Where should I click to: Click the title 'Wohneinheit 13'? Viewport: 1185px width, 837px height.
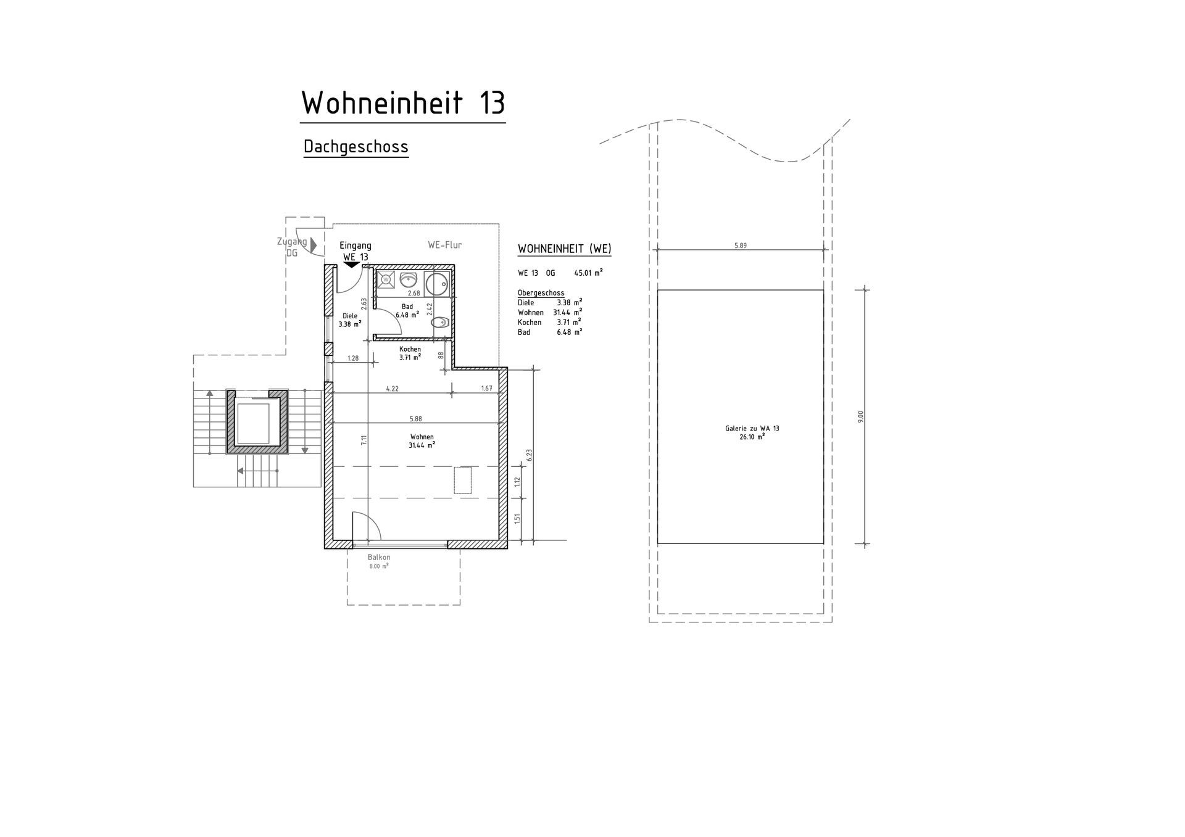tap(403, 103)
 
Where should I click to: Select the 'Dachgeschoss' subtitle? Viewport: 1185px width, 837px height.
tap(356, 147)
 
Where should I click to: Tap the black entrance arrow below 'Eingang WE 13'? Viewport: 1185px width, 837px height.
tap(351, 265)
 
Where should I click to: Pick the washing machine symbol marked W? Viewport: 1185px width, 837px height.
tap(386, 279)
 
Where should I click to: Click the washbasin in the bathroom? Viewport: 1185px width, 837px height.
tap(408, 279)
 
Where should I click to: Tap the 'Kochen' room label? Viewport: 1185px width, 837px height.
tap(410, 349)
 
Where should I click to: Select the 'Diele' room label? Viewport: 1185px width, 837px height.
tap(350, 316)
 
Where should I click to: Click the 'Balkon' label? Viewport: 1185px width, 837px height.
tap(379, 558)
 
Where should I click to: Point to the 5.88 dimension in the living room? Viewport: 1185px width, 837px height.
tap(415, 419)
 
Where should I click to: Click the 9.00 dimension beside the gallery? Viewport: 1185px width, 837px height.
tap(860, 416)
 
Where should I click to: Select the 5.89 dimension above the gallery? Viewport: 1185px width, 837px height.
tap(740, 245)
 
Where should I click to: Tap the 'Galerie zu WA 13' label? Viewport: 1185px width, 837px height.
tap(752, 428)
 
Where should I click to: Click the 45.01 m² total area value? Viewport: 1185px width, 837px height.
tap(588, 272)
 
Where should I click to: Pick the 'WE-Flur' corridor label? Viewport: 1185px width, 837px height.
tap(444, 245)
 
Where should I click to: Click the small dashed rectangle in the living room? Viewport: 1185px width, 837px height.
tap(463, 480)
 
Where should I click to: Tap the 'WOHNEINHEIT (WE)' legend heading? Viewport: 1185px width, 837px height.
tap(564, 249)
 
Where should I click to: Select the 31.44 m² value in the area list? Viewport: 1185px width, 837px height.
tap(567, 312)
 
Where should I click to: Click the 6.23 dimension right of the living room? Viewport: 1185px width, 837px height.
tap(529, 455)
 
